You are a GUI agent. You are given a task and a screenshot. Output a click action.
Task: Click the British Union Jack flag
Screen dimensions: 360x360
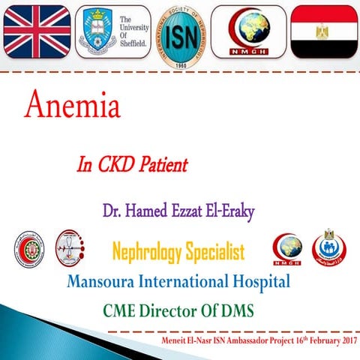tap(37, 31)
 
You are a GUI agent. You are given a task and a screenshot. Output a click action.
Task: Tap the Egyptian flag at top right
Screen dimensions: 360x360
tap(323, 31)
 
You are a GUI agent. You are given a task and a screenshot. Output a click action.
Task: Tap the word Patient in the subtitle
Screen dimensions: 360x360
tap(166, 164)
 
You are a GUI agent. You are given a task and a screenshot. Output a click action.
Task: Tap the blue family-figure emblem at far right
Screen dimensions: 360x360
tap(331, 249)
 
